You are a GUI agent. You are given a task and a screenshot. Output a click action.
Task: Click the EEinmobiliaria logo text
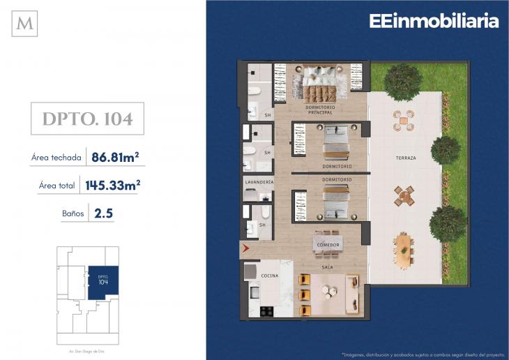click(434, 21)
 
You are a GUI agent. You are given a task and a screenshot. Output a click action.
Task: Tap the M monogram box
click(25, 24)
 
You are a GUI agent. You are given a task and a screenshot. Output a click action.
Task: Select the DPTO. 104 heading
click(87, 119)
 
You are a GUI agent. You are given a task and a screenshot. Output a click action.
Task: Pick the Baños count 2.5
click(103, 213)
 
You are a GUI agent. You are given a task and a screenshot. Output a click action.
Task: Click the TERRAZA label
click(406, 158)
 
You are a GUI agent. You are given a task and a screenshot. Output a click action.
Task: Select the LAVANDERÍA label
click(258, 181)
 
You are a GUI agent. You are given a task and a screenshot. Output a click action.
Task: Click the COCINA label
click(270, 276)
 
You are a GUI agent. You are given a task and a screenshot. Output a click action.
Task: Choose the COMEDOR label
click(328, 245)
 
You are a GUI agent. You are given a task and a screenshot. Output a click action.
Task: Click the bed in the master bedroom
click(319, 82)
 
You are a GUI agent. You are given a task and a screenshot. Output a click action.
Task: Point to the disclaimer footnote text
click(418, 353)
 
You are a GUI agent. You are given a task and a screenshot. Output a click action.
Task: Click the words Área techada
click(56, 158)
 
